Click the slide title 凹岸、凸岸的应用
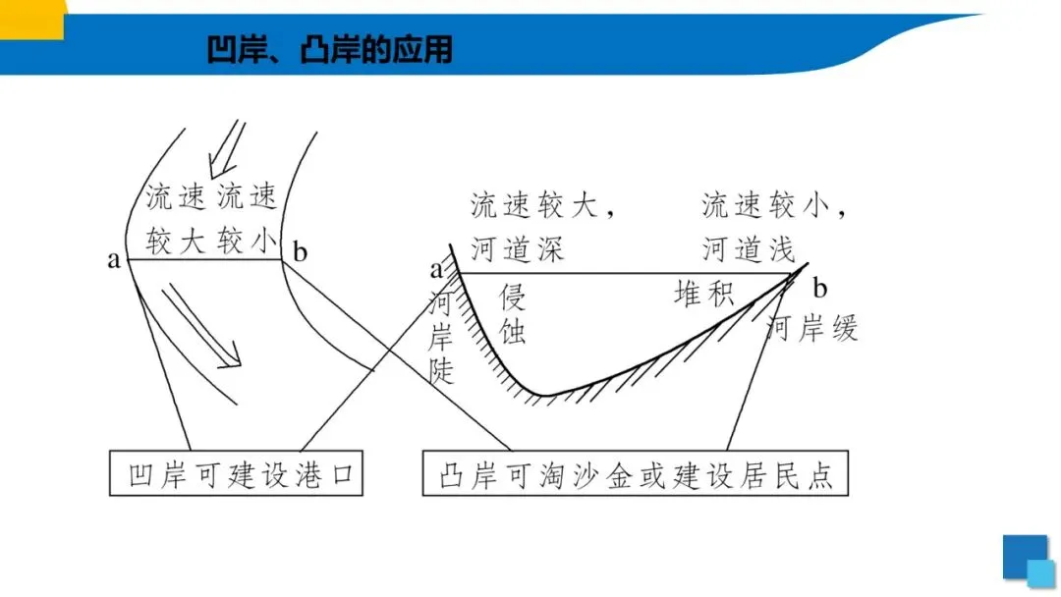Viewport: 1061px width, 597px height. point(330,49)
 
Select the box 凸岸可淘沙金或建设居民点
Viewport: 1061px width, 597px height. point(636,476)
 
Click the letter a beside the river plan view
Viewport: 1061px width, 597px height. point(114,260)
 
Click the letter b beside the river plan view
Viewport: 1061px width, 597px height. point(300,253)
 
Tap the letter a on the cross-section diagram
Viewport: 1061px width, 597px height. point(436,268)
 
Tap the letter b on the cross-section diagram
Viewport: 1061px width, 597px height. point(820,289)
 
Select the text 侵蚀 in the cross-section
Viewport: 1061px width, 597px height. point(513,313)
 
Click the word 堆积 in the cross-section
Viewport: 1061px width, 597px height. point(703,293)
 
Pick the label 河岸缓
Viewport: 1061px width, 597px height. point(811,327)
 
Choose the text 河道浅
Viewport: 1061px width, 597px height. point(749,249)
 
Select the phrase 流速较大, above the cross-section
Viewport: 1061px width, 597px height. point(542,206)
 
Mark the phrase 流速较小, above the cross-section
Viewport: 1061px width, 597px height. point(773,206)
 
